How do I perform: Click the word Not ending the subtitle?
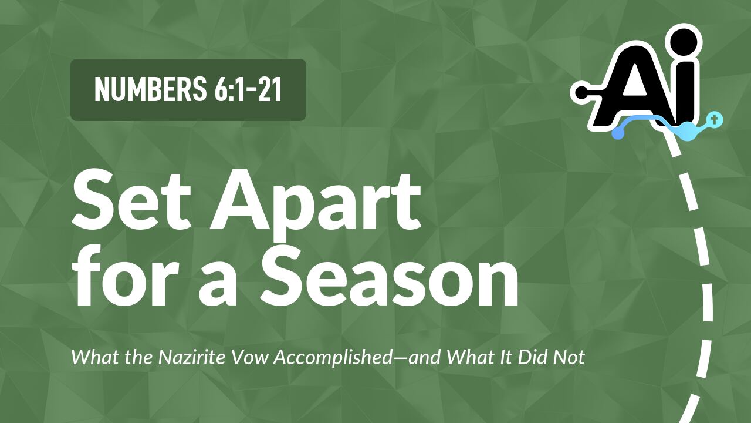[571, 357]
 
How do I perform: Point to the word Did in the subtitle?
[535, 357]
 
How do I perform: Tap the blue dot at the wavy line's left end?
[617, 134]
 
